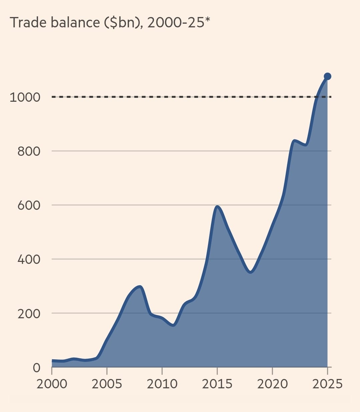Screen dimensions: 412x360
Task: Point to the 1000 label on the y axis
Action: [25, 97]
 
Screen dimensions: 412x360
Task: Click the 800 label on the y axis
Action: [29, 151]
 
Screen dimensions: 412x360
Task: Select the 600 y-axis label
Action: [29, 205]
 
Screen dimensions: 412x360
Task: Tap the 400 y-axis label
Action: [29, 259]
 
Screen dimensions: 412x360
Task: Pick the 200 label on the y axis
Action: [29, 314]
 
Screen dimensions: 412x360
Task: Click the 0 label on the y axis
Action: [36, 368]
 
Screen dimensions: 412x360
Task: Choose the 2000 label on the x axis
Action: [52, 384]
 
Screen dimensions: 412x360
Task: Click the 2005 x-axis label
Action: [107, 384]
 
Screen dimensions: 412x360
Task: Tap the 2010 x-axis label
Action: [162, 384]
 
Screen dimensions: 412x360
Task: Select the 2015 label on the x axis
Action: [217, 384]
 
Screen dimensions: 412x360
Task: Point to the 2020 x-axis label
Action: [272, 384]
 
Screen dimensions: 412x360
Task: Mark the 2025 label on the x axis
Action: [327, 384]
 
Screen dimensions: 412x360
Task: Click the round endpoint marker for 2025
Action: [327, 76]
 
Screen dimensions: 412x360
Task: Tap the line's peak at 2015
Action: [217, 207]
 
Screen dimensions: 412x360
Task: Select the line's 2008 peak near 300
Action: [140, 287]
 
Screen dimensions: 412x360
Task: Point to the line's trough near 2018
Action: [250, 272]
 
